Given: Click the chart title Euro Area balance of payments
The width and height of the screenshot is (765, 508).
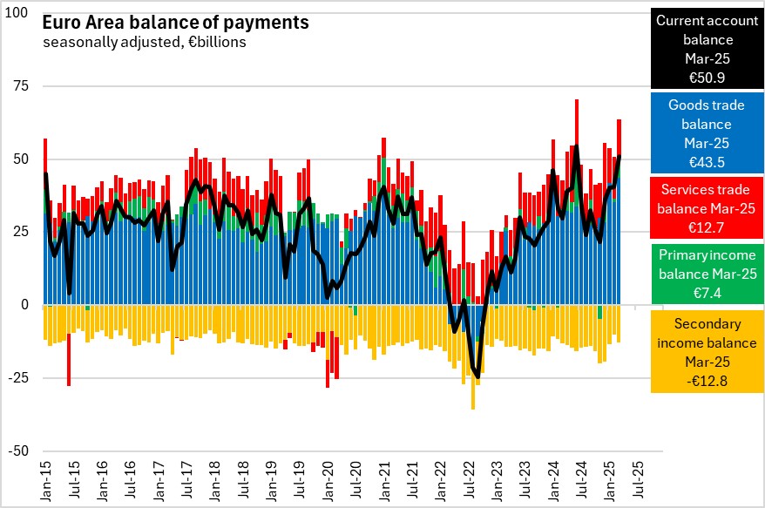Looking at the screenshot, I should [173, 21].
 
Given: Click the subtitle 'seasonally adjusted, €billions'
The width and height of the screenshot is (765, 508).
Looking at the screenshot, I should [144, 41].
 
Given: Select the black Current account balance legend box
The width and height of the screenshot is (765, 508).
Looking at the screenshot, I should [707, 49].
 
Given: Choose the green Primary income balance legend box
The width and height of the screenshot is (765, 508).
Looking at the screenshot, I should [707, 274].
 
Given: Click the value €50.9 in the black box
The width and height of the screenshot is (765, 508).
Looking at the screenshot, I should [707, 78].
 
